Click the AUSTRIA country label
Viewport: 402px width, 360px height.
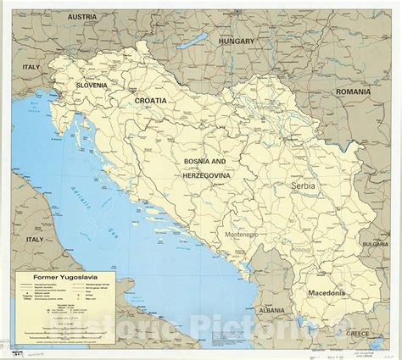point(95,17)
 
